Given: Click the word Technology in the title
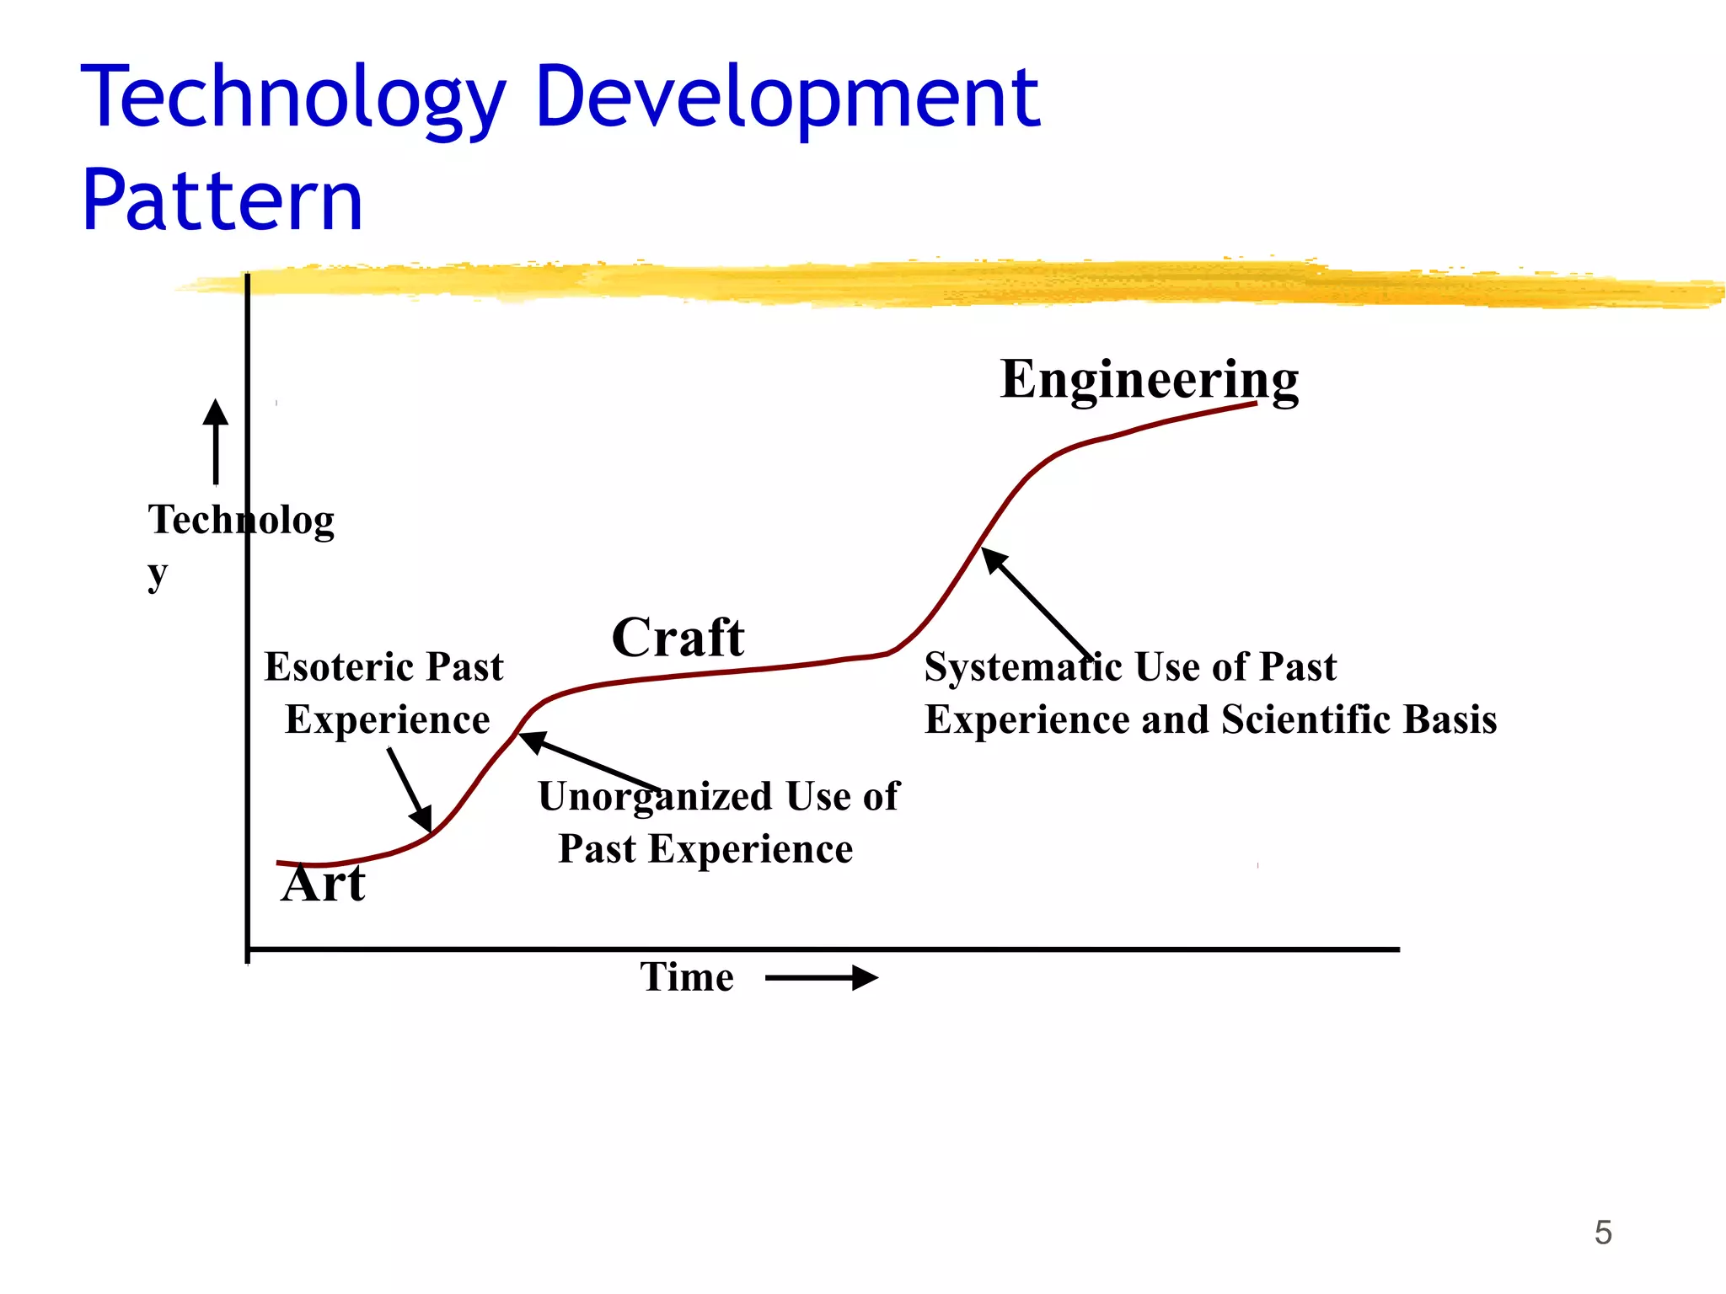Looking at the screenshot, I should [x=293, y=99].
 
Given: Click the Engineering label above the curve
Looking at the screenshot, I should [x=1149, y=381].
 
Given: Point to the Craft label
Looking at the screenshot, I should [x=678, y=637].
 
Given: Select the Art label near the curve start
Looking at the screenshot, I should [x=324, y=885].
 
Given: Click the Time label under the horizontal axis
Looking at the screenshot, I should [x=687, y=977].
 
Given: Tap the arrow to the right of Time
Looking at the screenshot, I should [x=822, y=978].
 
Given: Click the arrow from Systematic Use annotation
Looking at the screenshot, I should [x=1037, y=603].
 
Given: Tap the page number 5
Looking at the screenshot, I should [x=1603, y=1233].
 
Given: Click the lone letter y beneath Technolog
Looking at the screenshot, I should [x=158, y=575].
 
